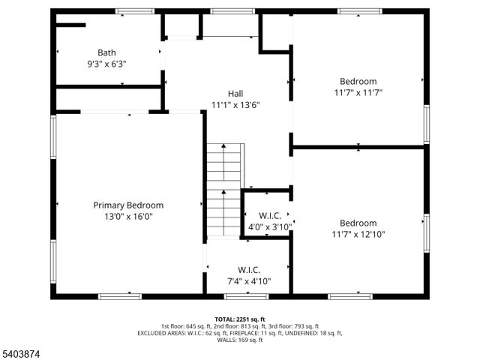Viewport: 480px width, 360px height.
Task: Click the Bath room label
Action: click(106, 52)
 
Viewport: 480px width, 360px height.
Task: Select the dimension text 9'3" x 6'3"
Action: click(106, 64)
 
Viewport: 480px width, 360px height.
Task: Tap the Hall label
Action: click(235, 93)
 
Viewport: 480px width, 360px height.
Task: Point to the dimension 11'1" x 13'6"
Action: click(235, 105)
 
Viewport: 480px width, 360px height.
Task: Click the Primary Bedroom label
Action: click(128, 205)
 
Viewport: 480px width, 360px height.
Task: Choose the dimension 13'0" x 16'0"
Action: click(128, 217)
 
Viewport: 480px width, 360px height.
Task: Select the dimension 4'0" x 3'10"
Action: click(269, 226)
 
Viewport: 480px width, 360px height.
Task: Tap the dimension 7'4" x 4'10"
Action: click(249, 281)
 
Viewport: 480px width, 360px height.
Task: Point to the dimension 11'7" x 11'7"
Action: click(358, 93)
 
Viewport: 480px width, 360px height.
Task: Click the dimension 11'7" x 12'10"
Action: click(358, 235)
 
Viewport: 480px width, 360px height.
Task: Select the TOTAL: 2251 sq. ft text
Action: click(240, 319)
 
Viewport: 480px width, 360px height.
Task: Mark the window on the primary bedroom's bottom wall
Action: click(120, 296)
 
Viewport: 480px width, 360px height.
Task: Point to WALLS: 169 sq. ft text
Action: click(240, 340)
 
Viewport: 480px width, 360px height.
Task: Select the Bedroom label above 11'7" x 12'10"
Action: click(358, 223)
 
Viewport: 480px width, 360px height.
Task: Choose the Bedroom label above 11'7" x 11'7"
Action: click(358, 81)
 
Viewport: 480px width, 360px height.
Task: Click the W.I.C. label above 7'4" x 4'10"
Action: click(249, 269)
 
